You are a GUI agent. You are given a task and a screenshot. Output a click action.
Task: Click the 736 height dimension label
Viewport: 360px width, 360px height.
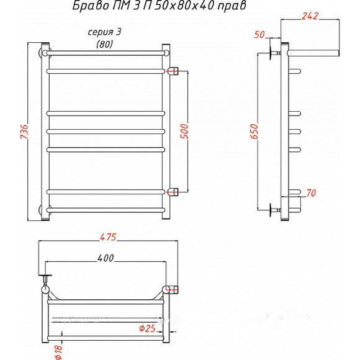[24, 132]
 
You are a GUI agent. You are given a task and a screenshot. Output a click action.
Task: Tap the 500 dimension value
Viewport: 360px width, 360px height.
[184, 132]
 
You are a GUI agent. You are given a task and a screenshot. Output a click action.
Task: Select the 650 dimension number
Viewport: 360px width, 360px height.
[254, 132]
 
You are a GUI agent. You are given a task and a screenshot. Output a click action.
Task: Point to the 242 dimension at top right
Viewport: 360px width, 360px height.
[310, 16]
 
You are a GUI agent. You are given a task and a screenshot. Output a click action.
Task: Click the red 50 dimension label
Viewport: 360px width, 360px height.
[259, 34]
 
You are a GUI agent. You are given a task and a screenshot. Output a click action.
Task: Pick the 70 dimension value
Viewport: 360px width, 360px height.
[311, 193]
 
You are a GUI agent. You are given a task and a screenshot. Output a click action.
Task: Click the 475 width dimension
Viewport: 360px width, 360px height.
[108, 237]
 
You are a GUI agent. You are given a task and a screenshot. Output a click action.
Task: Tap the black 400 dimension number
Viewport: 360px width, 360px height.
[106, 258]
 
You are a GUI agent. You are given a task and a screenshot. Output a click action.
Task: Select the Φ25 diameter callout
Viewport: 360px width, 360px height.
[147, 328]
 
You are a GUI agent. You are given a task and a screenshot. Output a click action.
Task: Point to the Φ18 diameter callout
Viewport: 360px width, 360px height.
[58, 352]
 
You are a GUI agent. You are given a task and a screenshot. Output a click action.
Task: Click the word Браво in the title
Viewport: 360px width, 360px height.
[91, 6]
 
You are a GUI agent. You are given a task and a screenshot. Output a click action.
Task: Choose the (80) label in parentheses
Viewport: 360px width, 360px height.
[104, 44]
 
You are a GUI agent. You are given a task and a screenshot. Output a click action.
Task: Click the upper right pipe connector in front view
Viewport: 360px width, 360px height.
[173, 71]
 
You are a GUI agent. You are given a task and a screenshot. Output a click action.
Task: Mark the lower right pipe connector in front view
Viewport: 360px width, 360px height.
[173, 192]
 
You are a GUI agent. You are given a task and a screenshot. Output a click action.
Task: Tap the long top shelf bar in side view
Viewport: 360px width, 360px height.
[313, 53]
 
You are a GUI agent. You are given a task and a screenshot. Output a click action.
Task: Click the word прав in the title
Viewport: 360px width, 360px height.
[232, 6]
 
